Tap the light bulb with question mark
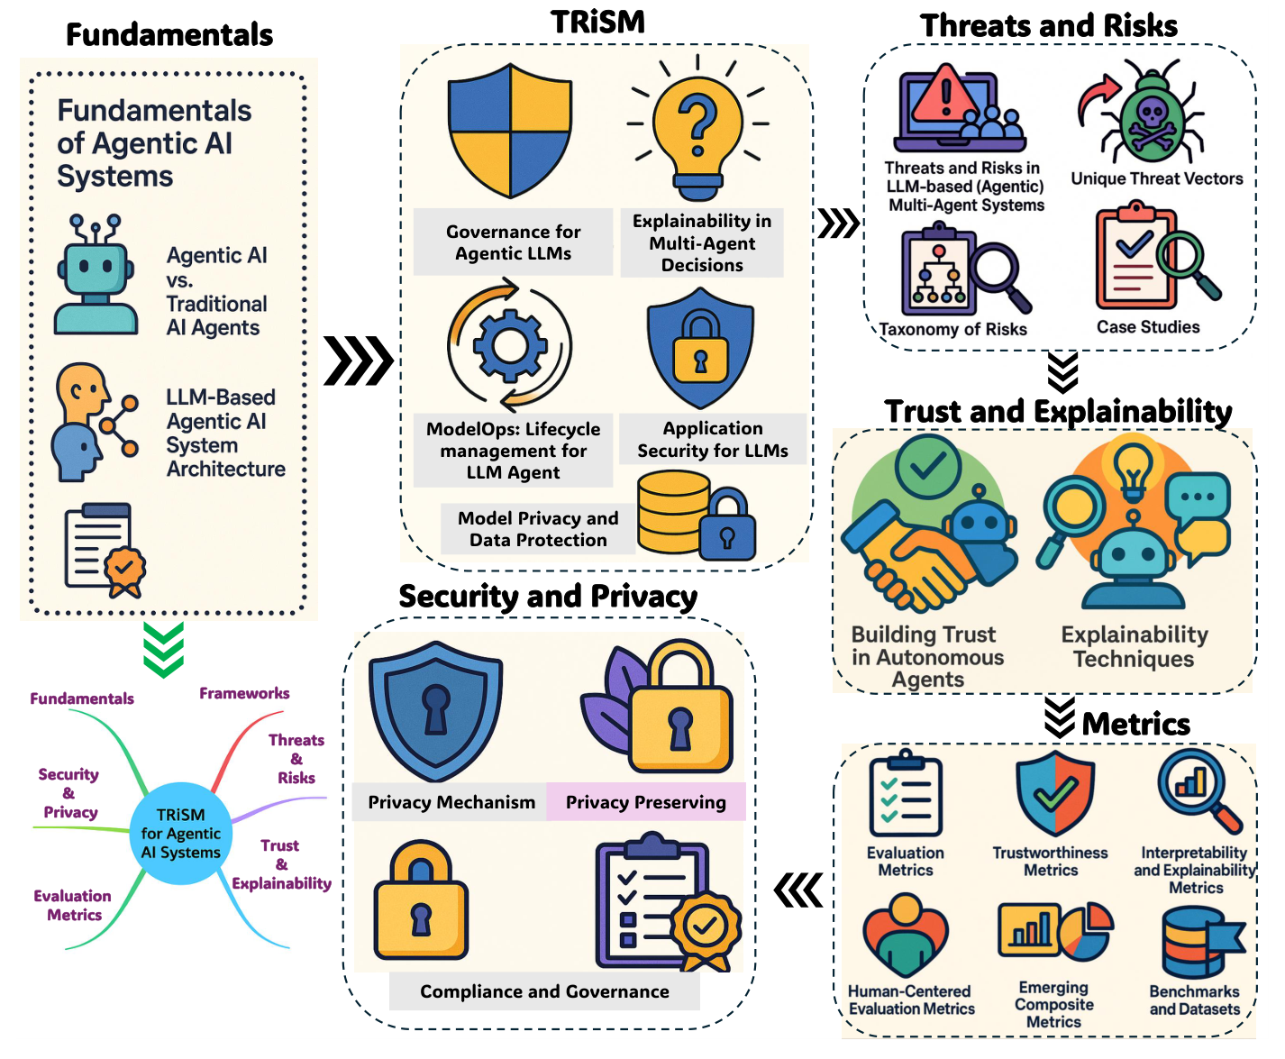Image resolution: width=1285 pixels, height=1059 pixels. click(697, 126)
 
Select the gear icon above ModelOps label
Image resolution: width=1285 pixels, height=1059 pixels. click(510, 345)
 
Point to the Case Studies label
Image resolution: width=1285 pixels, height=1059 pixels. click(1147, 327)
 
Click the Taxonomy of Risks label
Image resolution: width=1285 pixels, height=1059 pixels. click(952, 329)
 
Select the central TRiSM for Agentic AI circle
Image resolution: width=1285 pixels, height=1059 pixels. click(181, 834)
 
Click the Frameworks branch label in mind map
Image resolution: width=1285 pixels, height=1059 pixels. click(244, 693)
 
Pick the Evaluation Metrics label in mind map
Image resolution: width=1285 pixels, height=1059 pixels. click(73, 905)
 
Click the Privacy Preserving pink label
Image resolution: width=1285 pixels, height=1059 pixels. click(645, 802)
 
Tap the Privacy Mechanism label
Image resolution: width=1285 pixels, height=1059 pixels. click(451, 802)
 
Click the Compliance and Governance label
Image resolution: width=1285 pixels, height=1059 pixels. click(544, 991)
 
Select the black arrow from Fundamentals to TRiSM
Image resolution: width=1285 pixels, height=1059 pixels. click(358, 361)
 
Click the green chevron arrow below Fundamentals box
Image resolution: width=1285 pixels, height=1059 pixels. click(163, 650)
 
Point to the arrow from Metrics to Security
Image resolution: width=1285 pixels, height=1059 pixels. click(798, 890)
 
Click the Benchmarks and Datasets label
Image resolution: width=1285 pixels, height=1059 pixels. click(1194, 1000)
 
